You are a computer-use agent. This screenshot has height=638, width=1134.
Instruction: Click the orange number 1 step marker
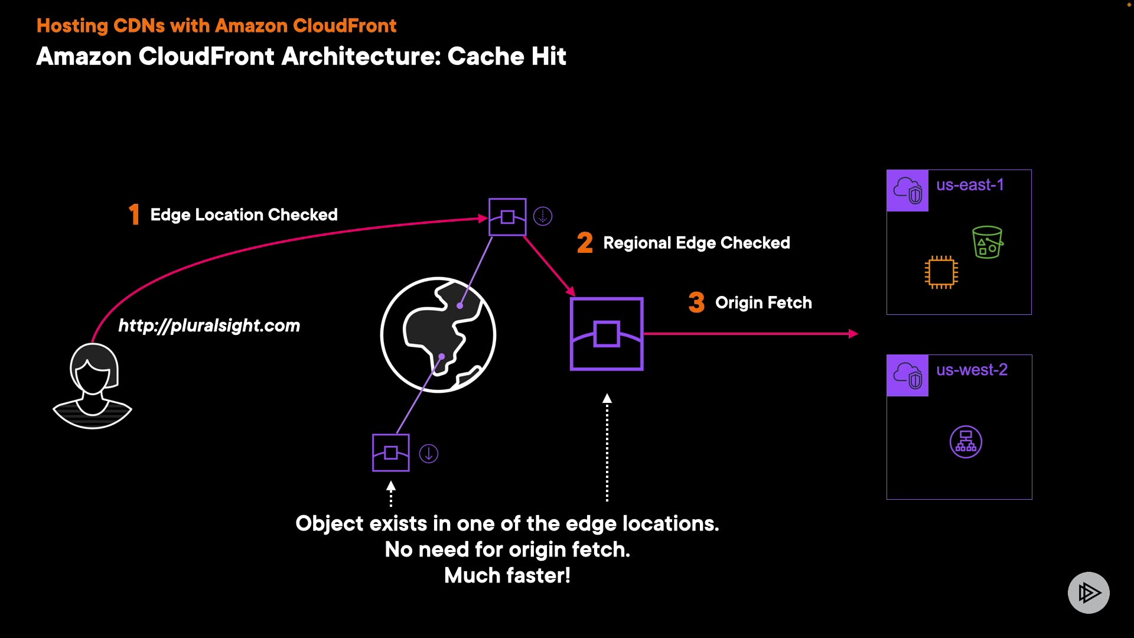(134, 214)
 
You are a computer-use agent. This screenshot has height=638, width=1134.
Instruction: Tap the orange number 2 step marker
(585, 242)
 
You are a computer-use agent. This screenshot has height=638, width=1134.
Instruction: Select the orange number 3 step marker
(697, 302)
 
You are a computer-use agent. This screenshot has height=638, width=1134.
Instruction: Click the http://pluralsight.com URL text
(209, 325)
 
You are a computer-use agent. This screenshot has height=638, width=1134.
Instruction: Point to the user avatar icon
(93, 385)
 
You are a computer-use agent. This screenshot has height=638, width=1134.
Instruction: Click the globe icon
(438, 334)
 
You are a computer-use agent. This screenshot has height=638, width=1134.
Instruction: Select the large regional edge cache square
(607, 334)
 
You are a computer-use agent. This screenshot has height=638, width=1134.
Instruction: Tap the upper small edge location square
(507, 217)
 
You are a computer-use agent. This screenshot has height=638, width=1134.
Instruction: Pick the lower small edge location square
(391, 453)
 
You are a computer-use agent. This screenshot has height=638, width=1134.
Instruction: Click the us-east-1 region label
(970, 185)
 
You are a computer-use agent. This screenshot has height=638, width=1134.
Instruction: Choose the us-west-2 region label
(972, 370)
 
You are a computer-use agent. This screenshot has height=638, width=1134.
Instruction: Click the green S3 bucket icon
(988, 242)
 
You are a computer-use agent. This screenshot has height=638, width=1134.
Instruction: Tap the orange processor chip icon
(941, 272)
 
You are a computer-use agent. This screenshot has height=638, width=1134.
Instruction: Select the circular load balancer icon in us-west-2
(966, 442)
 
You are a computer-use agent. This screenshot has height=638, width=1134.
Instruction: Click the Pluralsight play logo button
(1089, 593)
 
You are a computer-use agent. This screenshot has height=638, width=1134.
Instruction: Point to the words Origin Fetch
(764, 303)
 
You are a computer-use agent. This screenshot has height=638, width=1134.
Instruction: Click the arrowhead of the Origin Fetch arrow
(853, 334)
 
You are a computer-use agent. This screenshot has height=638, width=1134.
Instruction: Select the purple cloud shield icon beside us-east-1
(908, 190)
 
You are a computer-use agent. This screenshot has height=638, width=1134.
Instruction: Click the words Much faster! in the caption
(507, 575)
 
